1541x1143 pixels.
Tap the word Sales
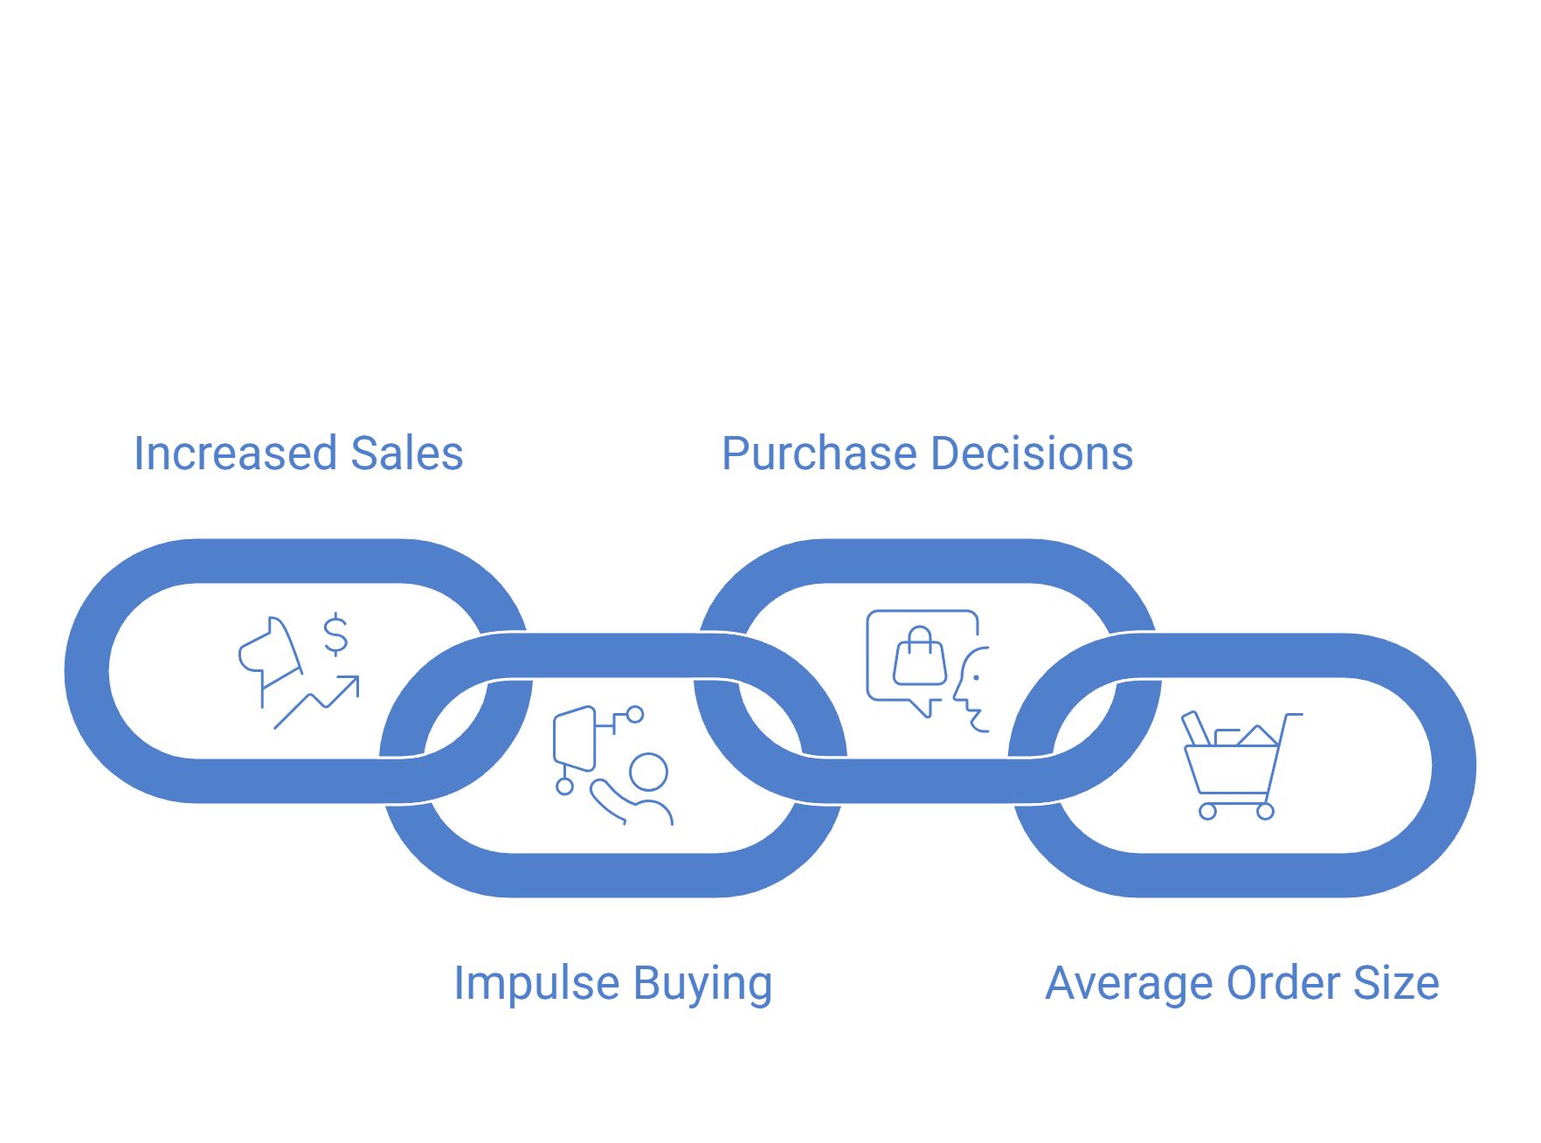point(407,454)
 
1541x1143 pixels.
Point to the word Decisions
point(1033,454)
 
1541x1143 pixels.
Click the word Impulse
point(537,984)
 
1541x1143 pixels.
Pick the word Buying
point(703,984)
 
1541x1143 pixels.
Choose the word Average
point(1130,984)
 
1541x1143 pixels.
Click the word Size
point(1396,983)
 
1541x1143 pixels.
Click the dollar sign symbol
point(335,634)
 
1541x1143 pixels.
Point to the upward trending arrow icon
point(316,702)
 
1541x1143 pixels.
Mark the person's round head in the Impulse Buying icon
point(648,772)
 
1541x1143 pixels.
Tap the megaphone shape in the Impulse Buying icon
point(575,739)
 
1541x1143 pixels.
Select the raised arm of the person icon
point(612,800)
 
